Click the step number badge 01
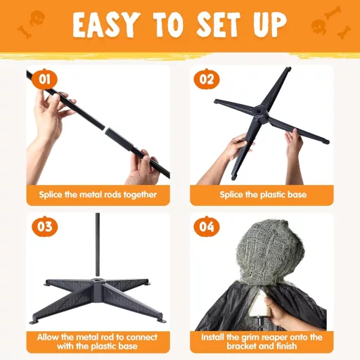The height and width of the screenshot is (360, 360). click(x=44, y=79)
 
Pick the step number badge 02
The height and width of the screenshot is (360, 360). click(x=205, y=79)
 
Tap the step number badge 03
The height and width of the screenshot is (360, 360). click(x=44, y=226)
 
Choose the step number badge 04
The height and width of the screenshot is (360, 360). click(x=205, y=226)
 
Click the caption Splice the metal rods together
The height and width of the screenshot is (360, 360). click(x=97, y=194)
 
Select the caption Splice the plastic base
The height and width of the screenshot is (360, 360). click(x=262, y=194)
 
